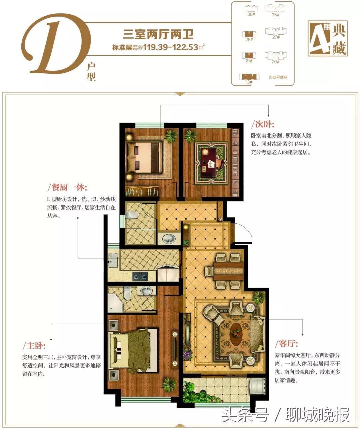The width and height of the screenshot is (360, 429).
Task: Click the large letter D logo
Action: click(x=57, y=47)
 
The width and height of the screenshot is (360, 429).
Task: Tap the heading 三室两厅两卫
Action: click(x=158, y=34)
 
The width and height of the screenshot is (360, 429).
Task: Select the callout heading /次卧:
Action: click(x=263, y=125)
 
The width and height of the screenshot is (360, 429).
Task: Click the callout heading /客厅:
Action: click(x=286, y=343)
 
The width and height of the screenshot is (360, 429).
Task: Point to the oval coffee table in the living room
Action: click(x=236, y=332)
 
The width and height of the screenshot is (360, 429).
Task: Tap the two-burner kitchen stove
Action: click(x=140, y=276)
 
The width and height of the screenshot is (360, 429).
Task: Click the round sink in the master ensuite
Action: click(x=145, y=291)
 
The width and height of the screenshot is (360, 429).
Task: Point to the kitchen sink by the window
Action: click(x=113, y=260)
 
